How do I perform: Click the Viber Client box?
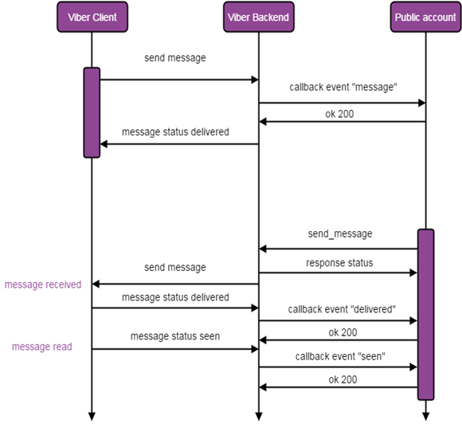[x=92, y=17]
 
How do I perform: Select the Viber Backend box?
[x=258, y=17]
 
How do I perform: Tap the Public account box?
[x=425, y=17]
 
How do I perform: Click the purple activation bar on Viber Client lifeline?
[x=92, y=112]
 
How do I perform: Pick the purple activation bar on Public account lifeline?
[x=425, y=314]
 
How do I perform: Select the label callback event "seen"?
[x=341, y=356]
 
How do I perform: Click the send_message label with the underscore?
[x=340, y=234]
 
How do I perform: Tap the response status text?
[x=340, y=262]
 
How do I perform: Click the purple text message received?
[x=43, y=285]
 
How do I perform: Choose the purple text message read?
[x=41, y=347]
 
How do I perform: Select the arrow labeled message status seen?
[x=175, y=349]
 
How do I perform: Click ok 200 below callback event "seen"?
[x=343, y=379]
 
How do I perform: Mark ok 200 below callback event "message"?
[x=343, y=114]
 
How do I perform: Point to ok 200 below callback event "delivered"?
[x=343, y=332]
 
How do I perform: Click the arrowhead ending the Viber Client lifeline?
[x=92, y=415]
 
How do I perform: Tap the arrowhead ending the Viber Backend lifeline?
[x=258, y=415]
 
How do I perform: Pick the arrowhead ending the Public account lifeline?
[x=425, y=415]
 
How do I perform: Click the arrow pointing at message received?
[x=175, y=284]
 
